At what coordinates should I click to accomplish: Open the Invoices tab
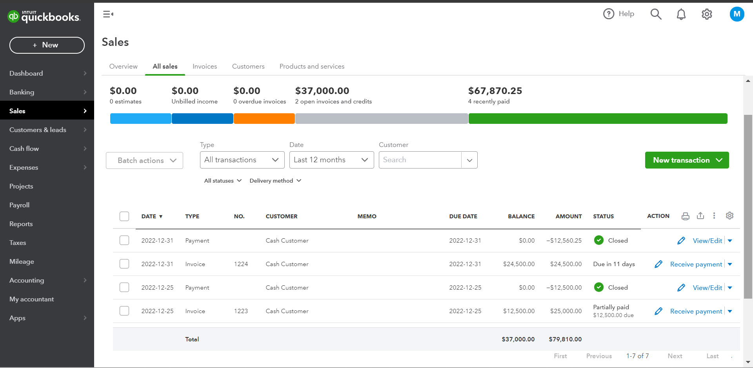tap(205, 67)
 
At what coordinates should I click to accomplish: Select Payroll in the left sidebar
tap(20, 205)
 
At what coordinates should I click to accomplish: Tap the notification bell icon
tap(681, 14)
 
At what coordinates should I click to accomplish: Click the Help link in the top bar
tap(619, 14)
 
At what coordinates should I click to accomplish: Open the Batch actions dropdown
tap(144, 161)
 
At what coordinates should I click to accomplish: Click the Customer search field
tap(420, 160)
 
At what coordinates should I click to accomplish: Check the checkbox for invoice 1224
tap(124, 264)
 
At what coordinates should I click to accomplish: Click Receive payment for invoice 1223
tap(696, 311)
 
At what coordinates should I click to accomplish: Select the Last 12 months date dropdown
tap(331, 160)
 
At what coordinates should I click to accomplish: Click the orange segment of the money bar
tap(264, 118)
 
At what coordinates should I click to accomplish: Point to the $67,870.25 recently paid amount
tap(495, 91)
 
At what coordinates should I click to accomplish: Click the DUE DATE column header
tap(463, 216)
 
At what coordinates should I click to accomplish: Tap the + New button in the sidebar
tap(47, 45)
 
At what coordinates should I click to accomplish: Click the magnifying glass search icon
tap(656, 14)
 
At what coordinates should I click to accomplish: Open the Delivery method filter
tap(275, 181)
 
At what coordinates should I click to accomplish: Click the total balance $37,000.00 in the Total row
tap(518, 339)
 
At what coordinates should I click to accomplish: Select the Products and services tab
tap(312, 67)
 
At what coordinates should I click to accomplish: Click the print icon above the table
tap(685, 216)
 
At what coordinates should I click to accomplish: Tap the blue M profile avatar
tap(737, 14)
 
